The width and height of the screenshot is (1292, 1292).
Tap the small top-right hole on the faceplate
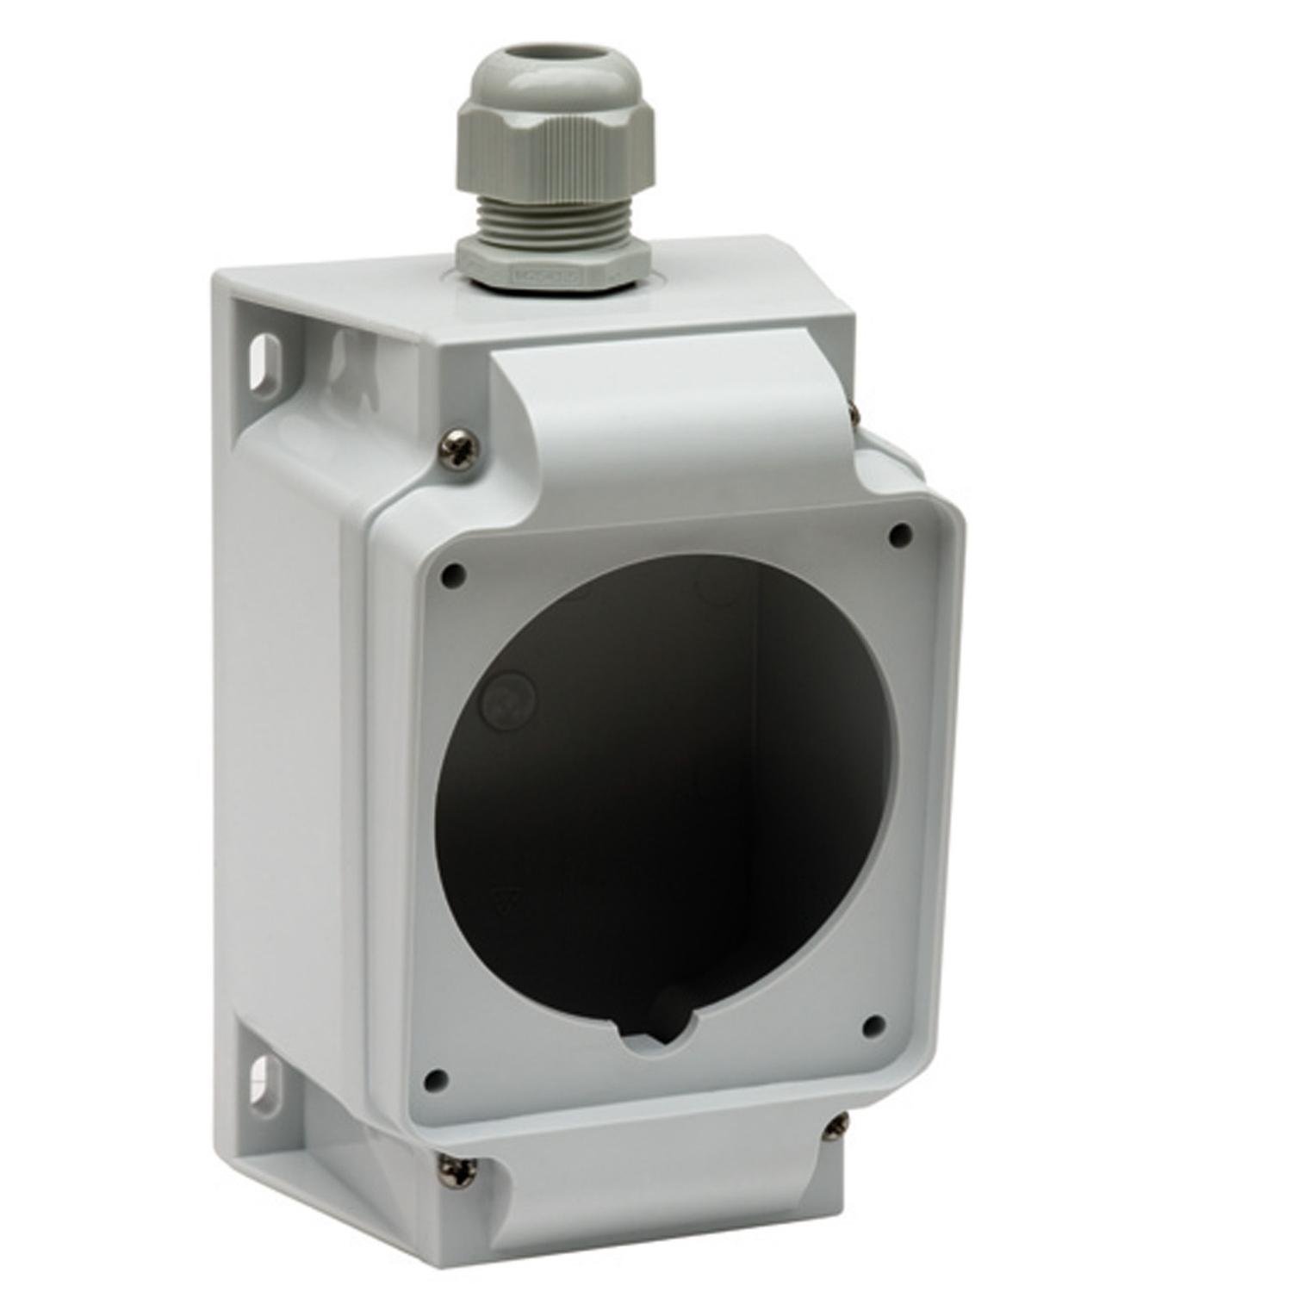pyautogui.click(x=900, y=534)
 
